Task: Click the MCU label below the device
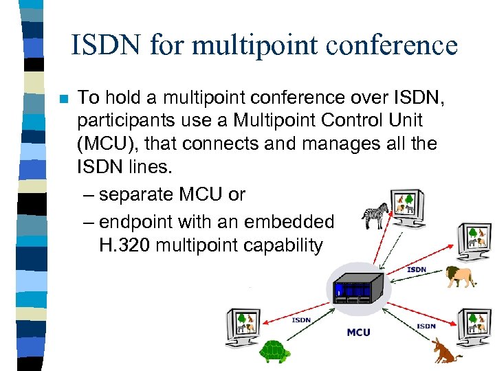tap(358, 333)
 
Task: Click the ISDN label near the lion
tap(417, 269)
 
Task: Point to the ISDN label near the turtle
tap(301, 319)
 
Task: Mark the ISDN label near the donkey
tap(426, 326)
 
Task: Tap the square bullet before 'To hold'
tap(63, 99)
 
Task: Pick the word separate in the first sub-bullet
tap(135, 194)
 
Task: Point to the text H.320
tap(124, 245)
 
